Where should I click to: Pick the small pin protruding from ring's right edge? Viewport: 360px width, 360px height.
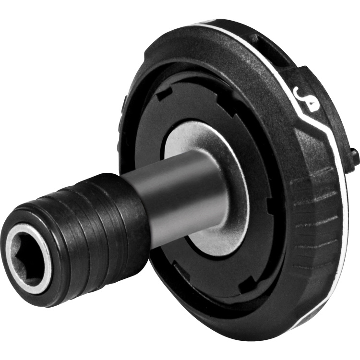[x=355, y=156]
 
